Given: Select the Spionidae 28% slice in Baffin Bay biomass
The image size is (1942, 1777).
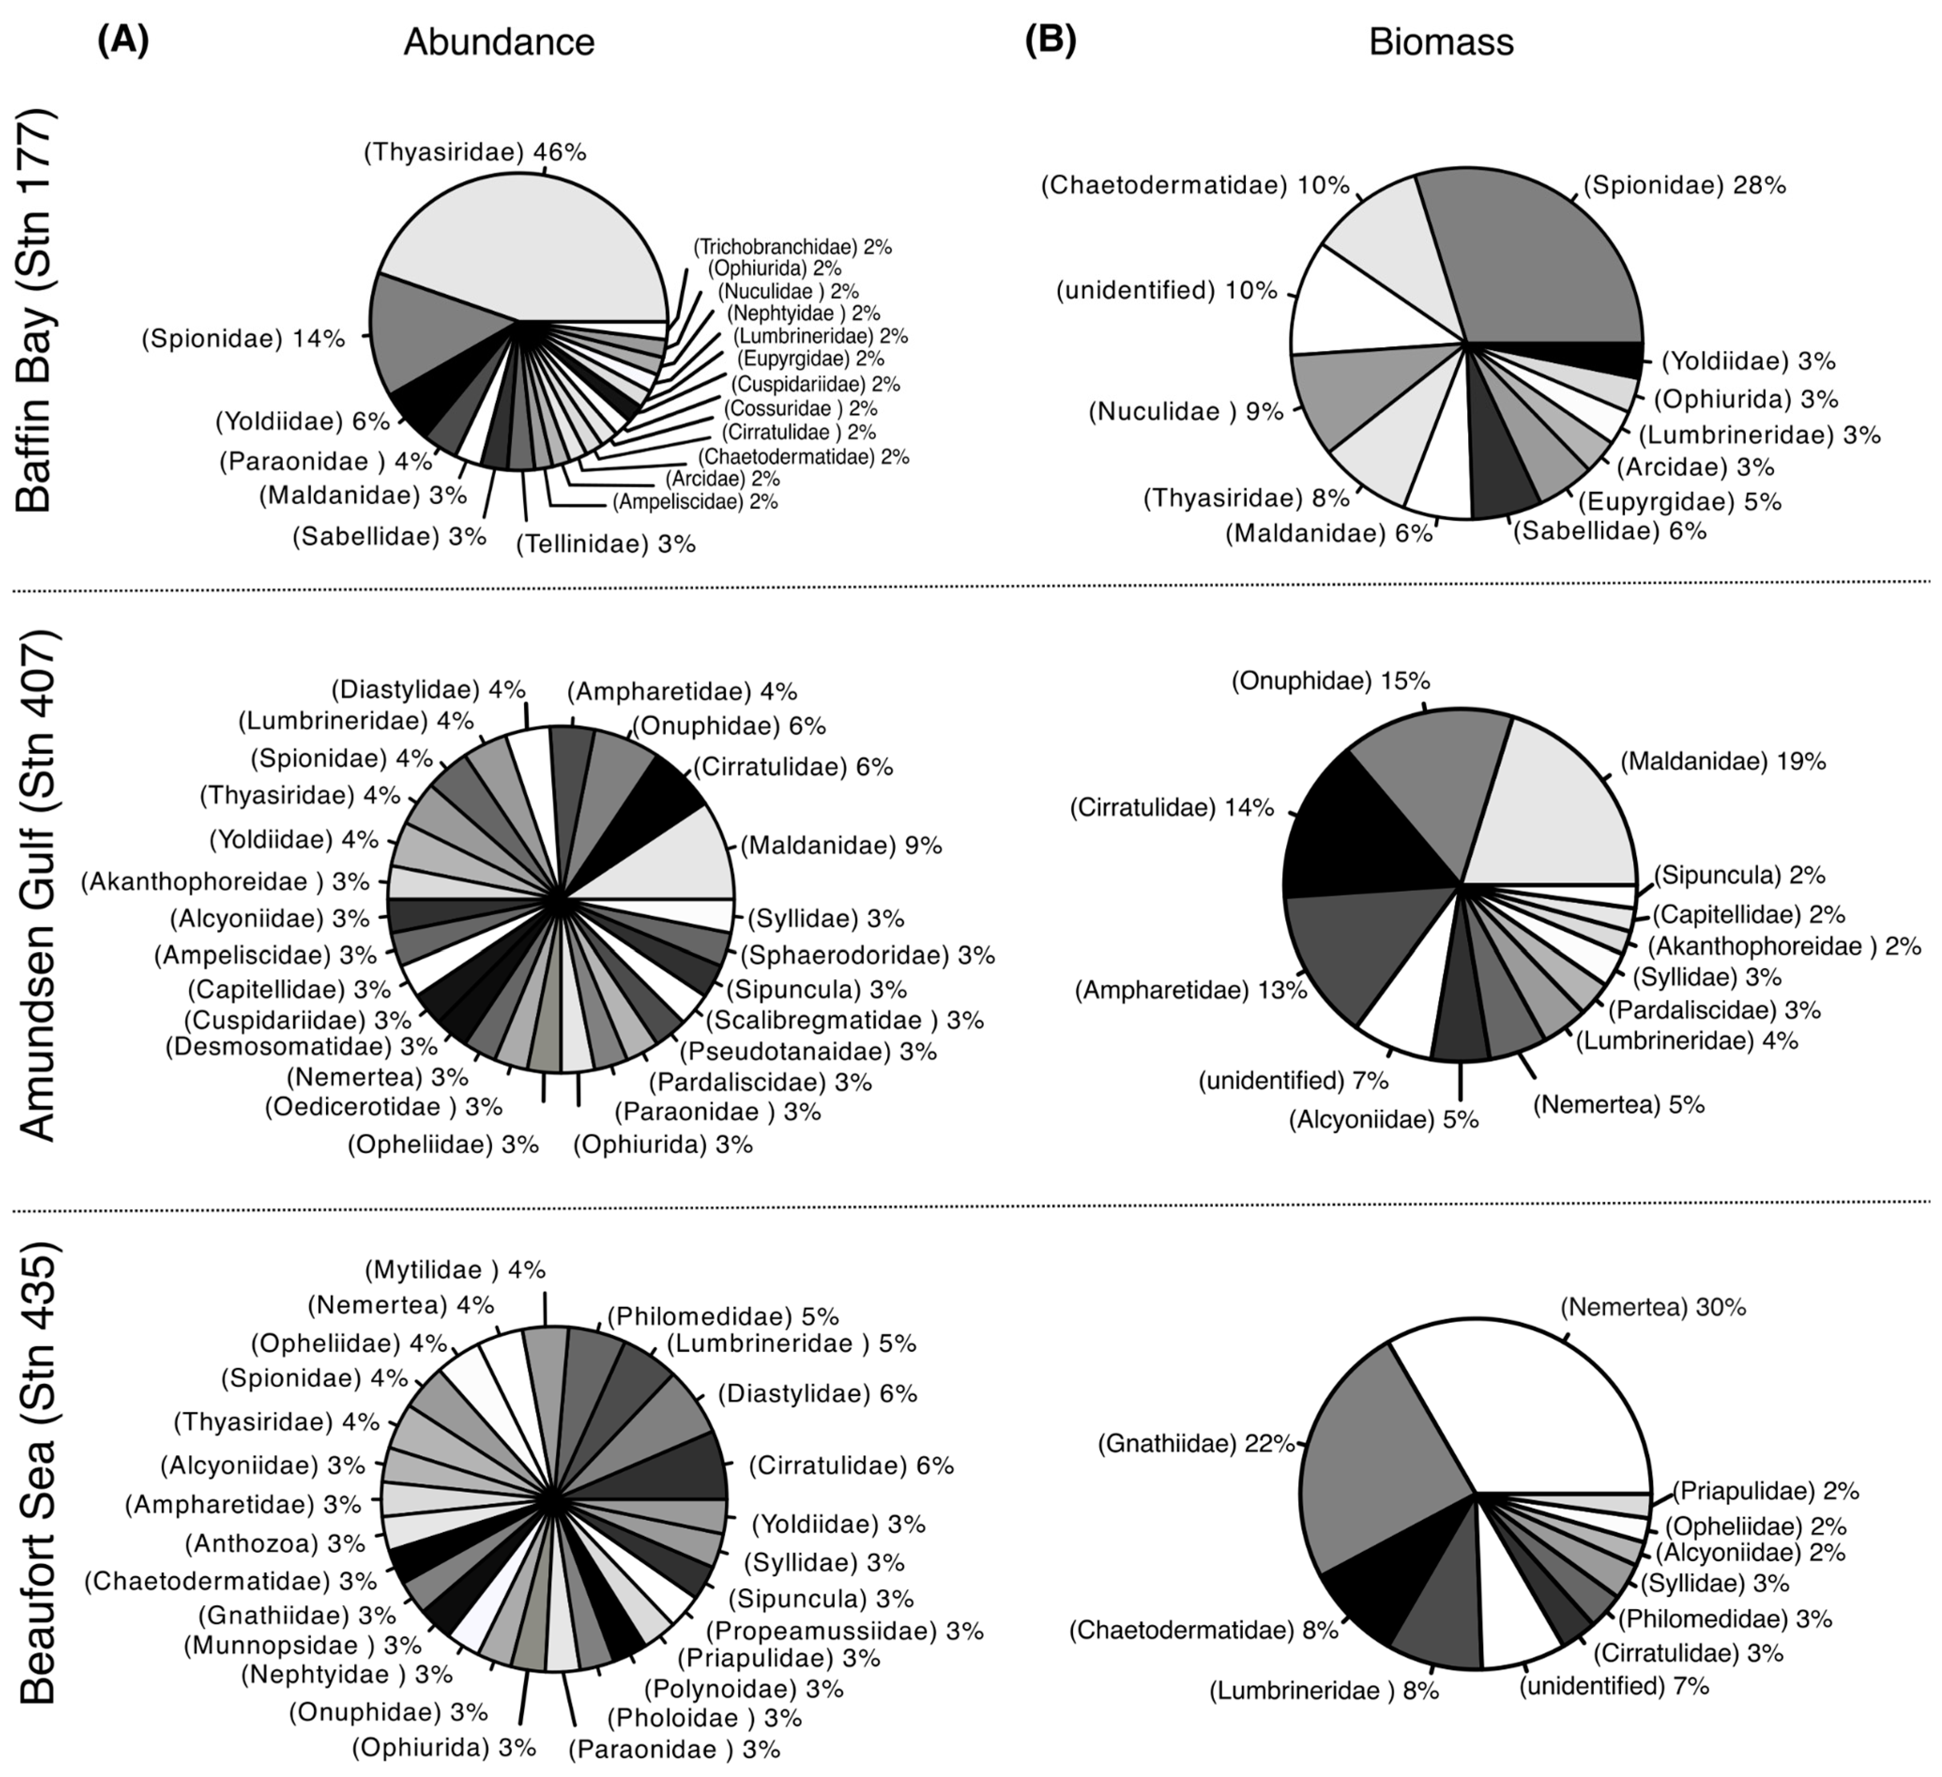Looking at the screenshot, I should (1541, 260).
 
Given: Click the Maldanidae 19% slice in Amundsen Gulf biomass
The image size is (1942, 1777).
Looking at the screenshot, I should (1561, 809).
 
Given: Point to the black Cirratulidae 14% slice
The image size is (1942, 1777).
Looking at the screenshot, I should (1358, 838).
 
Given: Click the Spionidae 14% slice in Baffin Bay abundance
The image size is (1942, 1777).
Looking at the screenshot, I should (424, 337).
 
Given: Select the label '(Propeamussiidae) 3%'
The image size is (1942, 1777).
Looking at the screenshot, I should (845, 1631).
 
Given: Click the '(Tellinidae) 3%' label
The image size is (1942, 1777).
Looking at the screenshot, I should (605, 544).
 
